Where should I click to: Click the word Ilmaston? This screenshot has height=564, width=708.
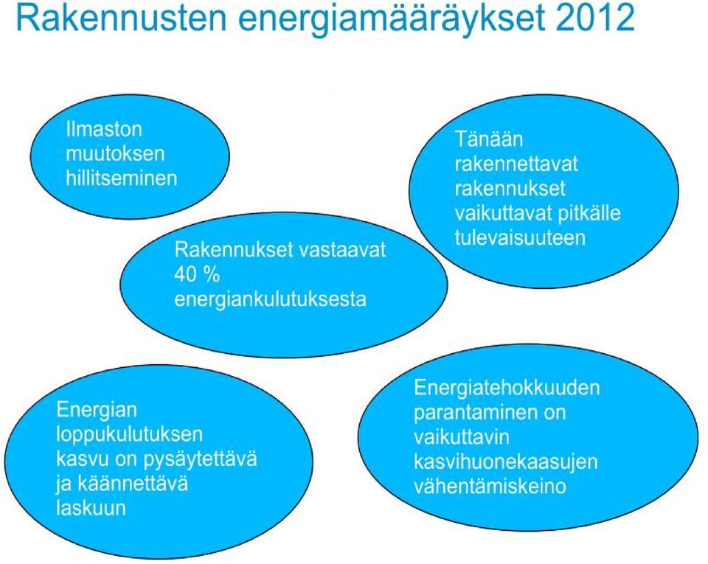[104, 130]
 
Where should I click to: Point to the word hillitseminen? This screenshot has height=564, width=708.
[122, 178]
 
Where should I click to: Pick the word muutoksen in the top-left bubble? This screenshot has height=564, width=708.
[115, 154]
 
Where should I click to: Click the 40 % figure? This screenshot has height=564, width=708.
[196, 274]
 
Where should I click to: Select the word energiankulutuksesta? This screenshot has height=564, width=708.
[270, 299]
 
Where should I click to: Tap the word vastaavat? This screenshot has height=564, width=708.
[343, 250]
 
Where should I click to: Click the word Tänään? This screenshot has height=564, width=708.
[488, 139]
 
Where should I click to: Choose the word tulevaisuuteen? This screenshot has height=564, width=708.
[520, 238]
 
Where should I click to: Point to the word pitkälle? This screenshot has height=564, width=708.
[589, 213]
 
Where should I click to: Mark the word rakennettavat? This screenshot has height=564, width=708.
[516, 164]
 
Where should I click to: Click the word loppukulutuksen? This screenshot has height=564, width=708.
[130, 434]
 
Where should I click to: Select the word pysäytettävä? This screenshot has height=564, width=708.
[200, 459]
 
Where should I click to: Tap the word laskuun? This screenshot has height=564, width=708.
[91, 508]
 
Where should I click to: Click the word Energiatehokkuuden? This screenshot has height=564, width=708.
[507, 388]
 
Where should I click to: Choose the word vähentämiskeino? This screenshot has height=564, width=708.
[490, 487]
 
